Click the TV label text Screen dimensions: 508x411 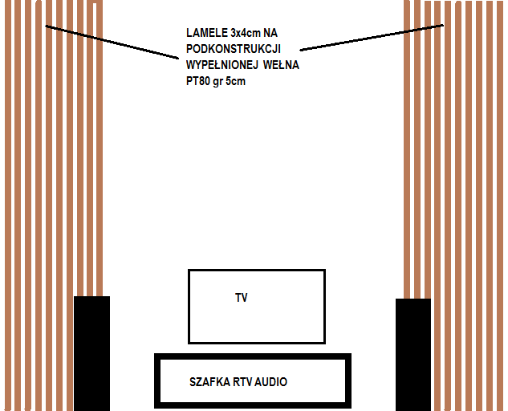pyautogui.click(x=242, y=298)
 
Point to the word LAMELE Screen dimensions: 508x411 pyautogui.click(x=207, y=33)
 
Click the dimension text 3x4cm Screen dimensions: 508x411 pyautogui.click(x=246, y=33)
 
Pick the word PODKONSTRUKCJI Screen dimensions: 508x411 pyautogui.click(x=234, y=49)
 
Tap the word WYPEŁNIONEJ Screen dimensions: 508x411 pyautogui.click(x=222, y=65)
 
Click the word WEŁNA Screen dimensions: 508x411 pyautogui.click(x=281, y=65)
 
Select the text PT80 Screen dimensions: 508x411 pyautogui.click(x=198, y=81)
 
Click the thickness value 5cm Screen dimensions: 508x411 pyautogui.click(x=235, y=81)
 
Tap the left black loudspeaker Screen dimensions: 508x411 pyautogui.click(x=92, y=353)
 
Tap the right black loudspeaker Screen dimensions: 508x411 pyautogui.click(x=413, y=355)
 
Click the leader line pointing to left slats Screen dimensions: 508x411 pyautogui.click(x=112, y=42)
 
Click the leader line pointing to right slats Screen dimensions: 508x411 pyautogui.click(x=372, y=37)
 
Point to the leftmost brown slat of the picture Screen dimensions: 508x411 pyautogui.click(x=8, y=205)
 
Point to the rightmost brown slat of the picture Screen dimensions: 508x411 pyautogui.click(x=500, y=205)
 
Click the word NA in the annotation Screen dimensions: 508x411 pyautogui.click(x=270, y=33)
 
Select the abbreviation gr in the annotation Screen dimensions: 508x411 pyautogui.click(x=217, y=82)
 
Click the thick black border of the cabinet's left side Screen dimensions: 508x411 pyautogui.click(x=157, y=380)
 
